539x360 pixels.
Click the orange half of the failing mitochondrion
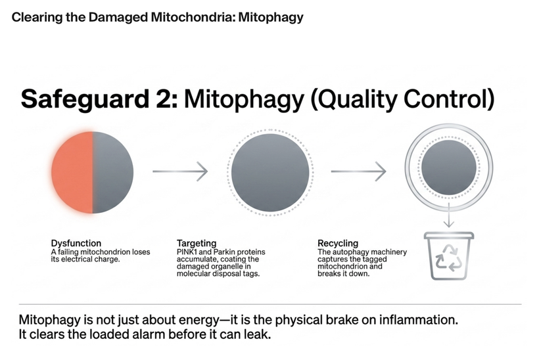coord(72,172)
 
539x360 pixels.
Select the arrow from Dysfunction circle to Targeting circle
coord(180,171)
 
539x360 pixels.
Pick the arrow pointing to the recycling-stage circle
coord(358,171)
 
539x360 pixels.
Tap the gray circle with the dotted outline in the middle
coord(270,172)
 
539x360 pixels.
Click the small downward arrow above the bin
coord(448,215)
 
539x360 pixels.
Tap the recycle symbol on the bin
coord(448,258)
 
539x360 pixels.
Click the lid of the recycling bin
coord(448,235)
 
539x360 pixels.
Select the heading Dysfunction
coord(76,243)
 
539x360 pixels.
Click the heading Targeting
coord(197,243)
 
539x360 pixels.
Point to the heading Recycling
coord(338,243)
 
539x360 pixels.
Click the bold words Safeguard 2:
coord(100,99)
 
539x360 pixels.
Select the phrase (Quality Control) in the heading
coord(402,100)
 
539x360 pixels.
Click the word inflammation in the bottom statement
coord(418,320)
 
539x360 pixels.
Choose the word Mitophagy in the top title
coord(271,17)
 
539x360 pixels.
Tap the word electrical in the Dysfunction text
coord(77,259)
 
